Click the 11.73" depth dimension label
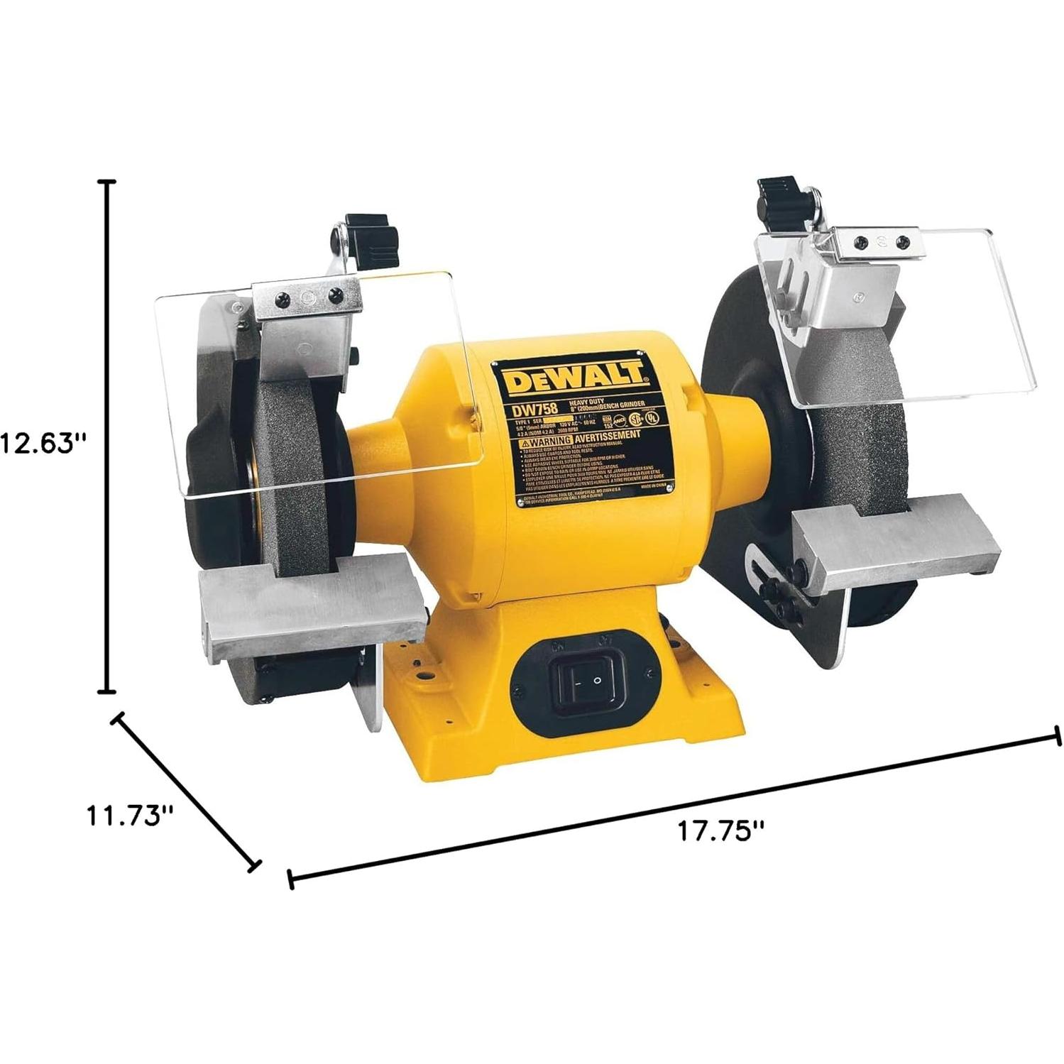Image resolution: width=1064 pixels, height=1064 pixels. (x=130, y=814)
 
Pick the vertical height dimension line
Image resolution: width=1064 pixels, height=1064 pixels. (x=107, y=437)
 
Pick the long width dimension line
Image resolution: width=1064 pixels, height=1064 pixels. (x=674, y=807)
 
